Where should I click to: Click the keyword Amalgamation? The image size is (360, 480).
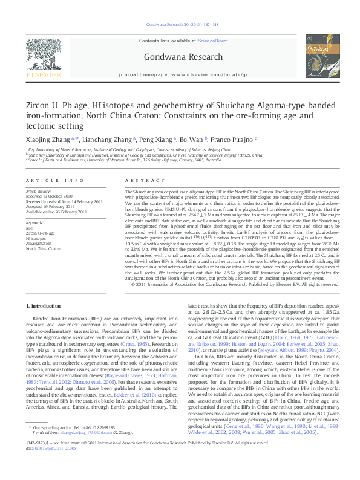click(x=39, y=243)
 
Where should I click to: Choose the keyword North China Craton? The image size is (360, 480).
click(x=43, y=248)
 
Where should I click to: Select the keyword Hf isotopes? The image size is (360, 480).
click(x=37, y=238)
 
